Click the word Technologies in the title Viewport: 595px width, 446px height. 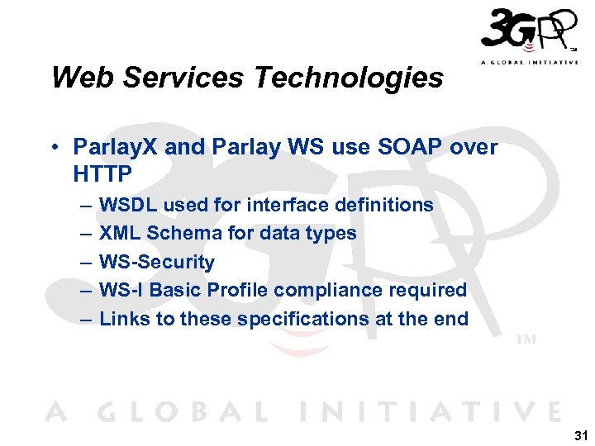(x=350, y=78)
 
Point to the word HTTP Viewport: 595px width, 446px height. (x=103, y=173)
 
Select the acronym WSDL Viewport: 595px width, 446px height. (x=127, y=205)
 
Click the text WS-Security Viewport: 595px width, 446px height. (x=156, y=262)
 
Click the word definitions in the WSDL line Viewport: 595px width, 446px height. (x=384, y=205)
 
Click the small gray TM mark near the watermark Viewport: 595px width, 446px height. (x=526, y=339)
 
